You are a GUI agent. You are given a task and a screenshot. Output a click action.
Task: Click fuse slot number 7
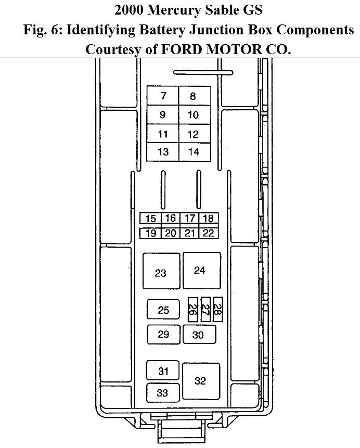click(x=163, y=96)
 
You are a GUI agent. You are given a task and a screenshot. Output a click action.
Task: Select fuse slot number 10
click(x=195, y=114)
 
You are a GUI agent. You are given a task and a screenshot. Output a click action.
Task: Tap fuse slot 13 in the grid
click(x=163, y=152)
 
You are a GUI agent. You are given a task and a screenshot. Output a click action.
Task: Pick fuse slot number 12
click(x=195, y=134)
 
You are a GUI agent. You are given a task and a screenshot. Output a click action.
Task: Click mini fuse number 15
click(x=150, y=219)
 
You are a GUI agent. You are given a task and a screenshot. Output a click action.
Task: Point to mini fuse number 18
click(x=209, y=219)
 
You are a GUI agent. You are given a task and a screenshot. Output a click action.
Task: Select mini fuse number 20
click(x=171, y=233)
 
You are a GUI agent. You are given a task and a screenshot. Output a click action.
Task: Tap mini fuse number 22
click(x=209, y=233)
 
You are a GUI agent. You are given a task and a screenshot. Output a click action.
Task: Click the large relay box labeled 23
click(x=161, y=271)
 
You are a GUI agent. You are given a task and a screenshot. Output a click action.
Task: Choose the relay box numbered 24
click(x=202, y=271)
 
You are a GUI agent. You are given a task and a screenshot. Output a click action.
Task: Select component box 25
click(x=163, y=310)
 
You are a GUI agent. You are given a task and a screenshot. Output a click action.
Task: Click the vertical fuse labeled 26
click(x=193, y=310)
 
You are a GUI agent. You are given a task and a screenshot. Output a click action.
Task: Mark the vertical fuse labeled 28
click(x=217, y=310)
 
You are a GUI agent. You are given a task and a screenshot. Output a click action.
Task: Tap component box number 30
click(x=199, y=334)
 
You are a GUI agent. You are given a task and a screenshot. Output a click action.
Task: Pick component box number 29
click(x=164, y=334)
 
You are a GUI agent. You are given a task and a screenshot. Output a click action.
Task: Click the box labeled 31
click(x=163, y=370)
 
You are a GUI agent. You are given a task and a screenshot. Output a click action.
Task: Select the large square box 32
click(x=201, y=381)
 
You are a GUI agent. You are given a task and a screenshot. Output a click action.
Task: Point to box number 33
click(x=163, y=393)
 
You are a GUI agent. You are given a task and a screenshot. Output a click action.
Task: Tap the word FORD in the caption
click(x=182, y=49)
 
